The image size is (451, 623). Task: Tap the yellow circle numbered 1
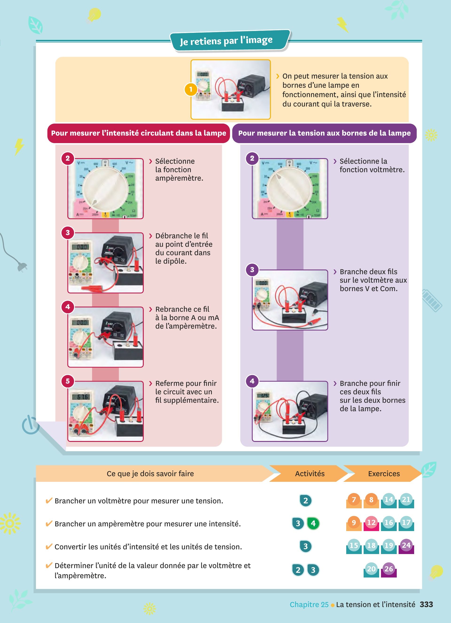tap(191, 89)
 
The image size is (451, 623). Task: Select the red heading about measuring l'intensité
tap(138, 133)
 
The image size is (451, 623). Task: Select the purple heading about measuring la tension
tap(324, 133)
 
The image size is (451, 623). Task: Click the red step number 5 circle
tap(68, 381)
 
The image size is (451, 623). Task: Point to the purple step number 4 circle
tap(252, 381)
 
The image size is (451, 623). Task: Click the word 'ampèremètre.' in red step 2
tap(179, 178)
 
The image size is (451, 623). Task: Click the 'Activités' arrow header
tap(310, 474)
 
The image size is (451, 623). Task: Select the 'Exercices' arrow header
tap(384, 474)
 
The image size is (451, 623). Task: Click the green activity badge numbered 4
tap(313, 524)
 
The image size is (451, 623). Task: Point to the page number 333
tap(426, 604)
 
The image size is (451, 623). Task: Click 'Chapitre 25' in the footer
tap(309, 604)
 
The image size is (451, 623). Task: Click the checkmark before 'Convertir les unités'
tap(49, 546)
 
